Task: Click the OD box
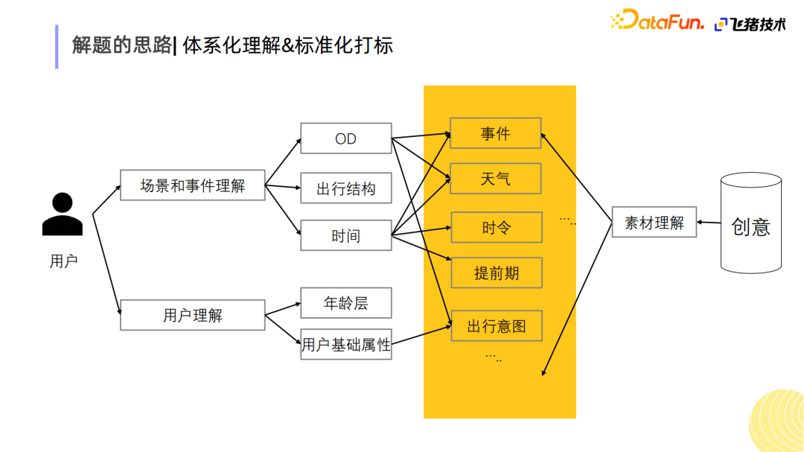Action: click(x=345, y=139)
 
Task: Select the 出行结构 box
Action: click(x=345, y=188)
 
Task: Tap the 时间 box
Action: click(x=345, y=235)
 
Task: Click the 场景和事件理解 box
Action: click(x=192, y=185)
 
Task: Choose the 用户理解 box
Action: click(x=192, y=315)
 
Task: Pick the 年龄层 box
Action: click(x=345, y=303)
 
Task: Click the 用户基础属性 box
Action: click(x=345, y=344)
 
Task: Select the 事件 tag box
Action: click(x=496, y=133)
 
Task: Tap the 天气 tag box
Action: click(x=496, y=179)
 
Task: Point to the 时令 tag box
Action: click(x=496, y=227)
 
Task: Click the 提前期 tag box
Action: click(x=496, y=273)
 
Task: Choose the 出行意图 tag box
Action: click(x=496, y=326)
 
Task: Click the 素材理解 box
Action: click(x=654, y=222)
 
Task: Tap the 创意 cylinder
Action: click(x=750, y=223)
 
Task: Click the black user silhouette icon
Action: click(x=63, y=214)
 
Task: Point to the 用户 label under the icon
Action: click(x=63, y=261)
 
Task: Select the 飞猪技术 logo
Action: click(x=750, y=24)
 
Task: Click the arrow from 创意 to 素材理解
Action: click(x=709, y=222)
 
